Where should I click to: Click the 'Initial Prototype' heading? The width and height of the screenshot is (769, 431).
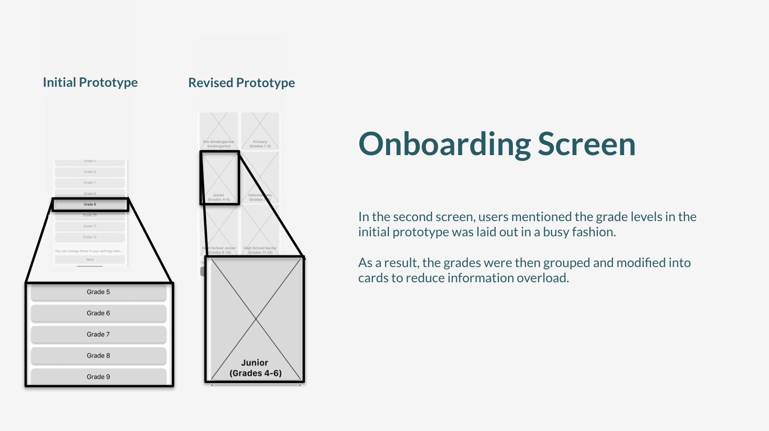coord(90,82)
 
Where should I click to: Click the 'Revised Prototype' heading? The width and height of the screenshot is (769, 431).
coord(241,83)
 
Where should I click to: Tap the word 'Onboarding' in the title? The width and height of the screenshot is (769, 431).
coord(445,144)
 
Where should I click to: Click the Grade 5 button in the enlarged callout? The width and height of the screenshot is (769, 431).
coord(98,292)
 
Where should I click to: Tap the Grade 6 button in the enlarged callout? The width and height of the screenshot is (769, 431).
coord(98,313)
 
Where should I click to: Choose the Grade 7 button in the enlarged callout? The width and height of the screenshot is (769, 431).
coord(98,335)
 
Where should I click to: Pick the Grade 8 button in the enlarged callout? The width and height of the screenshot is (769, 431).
coord(98,356)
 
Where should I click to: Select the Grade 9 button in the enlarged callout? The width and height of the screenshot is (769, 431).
coord(98,377)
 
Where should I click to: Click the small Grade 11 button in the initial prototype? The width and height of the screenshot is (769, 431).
coord(90,226)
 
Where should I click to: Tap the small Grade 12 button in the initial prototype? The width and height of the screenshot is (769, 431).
coord(90,237)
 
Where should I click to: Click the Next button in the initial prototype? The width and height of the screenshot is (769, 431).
coord(90,260)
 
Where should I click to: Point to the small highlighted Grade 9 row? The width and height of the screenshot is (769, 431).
coord(90,205)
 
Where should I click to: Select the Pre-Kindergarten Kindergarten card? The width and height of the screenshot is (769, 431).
coord(219,131)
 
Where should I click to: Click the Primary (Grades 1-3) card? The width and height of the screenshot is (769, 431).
coord(260,131)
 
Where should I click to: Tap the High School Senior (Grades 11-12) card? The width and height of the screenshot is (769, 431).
coord(260,230)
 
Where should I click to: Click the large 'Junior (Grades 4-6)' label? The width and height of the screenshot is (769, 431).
coord(255,368)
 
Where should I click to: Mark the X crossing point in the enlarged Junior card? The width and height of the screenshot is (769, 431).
coord(256,319)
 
